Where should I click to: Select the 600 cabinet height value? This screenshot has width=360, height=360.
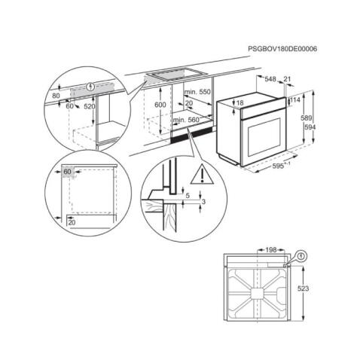[160, 105]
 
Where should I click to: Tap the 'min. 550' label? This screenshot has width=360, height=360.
[197, 92]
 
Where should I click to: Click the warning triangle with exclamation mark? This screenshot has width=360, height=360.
[201, 176]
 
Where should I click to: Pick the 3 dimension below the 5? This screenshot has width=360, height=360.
[202, 203]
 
